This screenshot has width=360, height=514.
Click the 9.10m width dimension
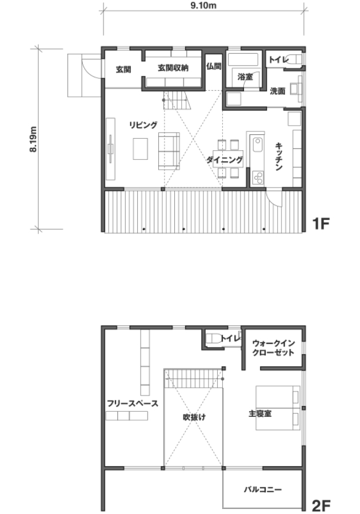(203, 6)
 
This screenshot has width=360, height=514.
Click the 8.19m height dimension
(33, 139)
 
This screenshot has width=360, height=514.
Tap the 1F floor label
(321, 223)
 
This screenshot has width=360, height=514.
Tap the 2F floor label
(321, 505)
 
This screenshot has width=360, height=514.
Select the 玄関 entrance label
(123, 70)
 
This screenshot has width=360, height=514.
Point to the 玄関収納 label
(173, 68)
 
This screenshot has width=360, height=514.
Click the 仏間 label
(214, 66)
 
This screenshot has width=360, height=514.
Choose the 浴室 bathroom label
(245, 77)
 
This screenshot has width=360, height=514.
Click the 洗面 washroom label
(277, 91)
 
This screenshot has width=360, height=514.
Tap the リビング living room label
(143, 125)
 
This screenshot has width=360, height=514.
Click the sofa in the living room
(169, 151)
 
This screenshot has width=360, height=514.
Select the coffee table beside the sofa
(140, 149)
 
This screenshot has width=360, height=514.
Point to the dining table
(228, 159)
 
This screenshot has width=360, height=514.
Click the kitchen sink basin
(257, 144)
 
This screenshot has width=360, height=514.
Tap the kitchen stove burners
(258, 178)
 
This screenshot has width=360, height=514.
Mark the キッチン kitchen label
(279, 156)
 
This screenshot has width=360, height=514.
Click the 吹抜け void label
(194, 417)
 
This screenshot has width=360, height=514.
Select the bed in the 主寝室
(278, 408)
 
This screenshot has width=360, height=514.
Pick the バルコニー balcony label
(263, 489)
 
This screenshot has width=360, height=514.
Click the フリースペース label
(133, 403)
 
